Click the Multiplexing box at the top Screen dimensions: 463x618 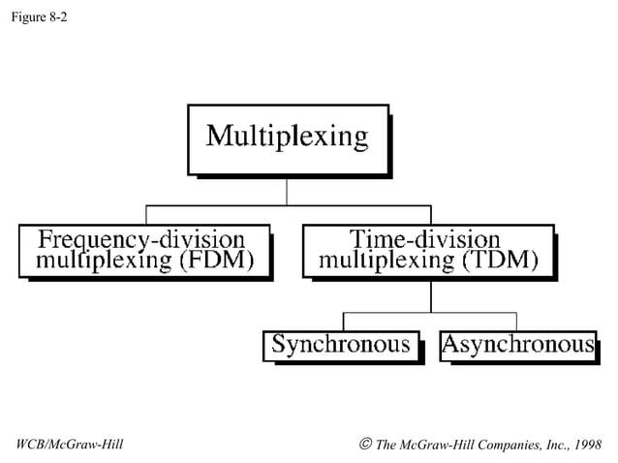tap(288, 138)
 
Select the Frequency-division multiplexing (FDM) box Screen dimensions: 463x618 tap(143, 250)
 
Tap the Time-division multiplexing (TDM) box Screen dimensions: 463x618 tap(427, 250)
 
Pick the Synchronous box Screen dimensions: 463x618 tap(341, 345)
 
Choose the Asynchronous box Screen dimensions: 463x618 tap(517, 345)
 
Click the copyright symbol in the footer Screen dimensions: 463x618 tap(364, 445)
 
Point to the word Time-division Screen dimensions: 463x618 tap(425, 239)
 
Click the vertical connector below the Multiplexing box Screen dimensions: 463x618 tap(287, 191)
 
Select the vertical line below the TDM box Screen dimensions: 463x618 tap(431, 294)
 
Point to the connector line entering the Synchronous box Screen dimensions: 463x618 tap(345, 323)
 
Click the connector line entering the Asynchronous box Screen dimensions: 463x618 tap(516, 323)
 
